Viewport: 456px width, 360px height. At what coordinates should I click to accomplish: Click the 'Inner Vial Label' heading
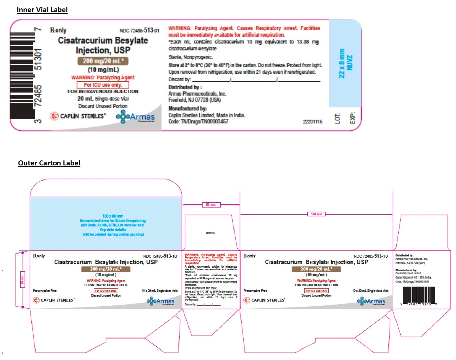point(42,10)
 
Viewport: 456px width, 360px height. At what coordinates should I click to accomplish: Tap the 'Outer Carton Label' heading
point(49,163)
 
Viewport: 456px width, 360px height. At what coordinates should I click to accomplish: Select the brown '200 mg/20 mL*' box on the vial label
point(103,61)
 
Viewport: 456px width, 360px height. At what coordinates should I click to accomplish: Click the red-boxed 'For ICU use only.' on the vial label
point(103,85)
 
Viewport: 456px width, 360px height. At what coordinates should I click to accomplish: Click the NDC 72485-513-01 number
point(139,31)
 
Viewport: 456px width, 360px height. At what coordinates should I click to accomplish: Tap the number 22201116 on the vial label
point(312,122)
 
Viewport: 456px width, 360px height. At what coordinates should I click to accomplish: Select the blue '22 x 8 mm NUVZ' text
point(345,64)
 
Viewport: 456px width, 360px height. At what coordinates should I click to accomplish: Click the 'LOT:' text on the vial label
point(337,118)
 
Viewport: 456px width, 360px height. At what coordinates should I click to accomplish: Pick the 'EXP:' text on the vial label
point(353,118)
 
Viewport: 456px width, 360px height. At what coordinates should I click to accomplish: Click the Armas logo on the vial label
point(135,117)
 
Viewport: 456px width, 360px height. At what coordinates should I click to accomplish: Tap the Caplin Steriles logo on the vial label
point(78,116)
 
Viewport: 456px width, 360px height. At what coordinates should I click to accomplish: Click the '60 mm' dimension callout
point(211,205)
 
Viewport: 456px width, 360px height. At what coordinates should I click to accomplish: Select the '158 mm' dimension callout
point(316,214)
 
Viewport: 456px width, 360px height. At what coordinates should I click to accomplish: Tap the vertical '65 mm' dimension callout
point(23,279)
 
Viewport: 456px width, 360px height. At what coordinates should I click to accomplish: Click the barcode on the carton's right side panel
point(418,295)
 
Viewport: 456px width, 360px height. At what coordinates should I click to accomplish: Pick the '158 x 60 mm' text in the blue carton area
point(113,216)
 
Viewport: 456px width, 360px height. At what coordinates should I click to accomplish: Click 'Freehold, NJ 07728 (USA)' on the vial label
point(194,100)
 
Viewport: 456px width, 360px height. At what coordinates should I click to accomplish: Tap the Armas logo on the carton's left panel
point(161,301)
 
